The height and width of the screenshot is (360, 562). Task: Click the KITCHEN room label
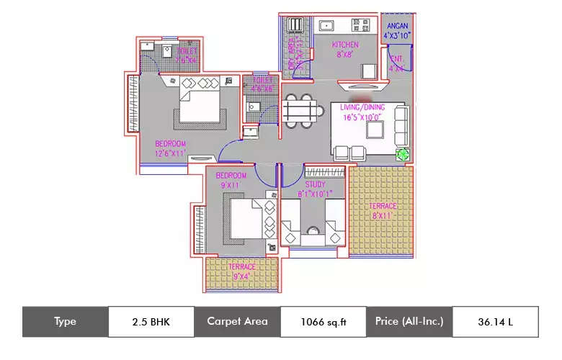pos(345,45)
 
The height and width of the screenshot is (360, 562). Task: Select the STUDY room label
pos(315,184)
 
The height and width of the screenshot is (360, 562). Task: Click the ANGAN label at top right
pos(397,26)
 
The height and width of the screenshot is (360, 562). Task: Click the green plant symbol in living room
pos(402,154)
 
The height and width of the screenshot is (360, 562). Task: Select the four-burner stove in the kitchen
pos(359,26)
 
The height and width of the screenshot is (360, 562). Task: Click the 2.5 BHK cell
pos(151,322)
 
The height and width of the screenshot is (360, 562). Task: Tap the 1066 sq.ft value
pos(323,322)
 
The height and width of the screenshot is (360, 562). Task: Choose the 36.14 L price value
pos(495,322)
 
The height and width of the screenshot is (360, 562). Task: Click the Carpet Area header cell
pos(236,322)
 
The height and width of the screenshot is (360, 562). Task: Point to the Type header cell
pos(65,322)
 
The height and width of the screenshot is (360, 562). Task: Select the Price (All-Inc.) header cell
pos(409,322)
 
